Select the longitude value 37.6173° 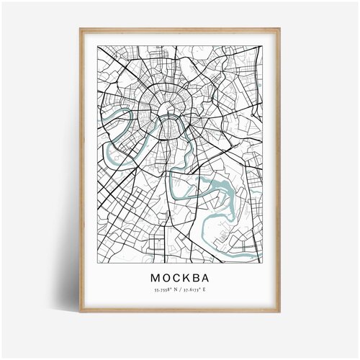(x=190, y=289)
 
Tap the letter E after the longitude (x=204, y=289)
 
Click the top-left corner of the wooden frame (x=80, y=27)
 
